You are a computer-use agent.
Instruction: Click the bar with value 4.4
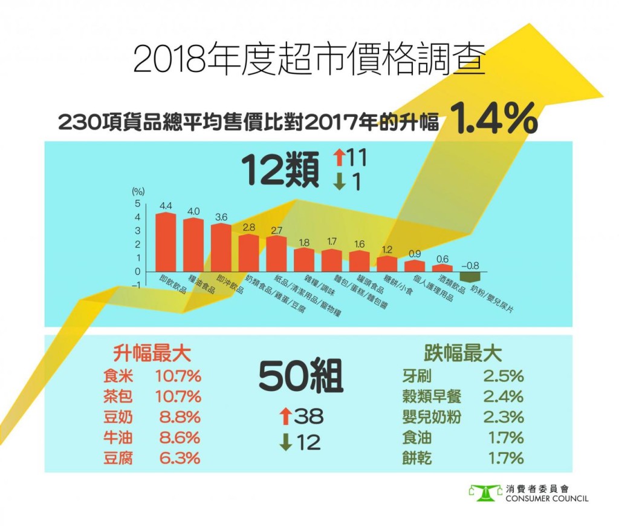pos(166,242)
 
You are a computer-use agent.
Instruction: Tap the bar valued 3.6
pos(221,248)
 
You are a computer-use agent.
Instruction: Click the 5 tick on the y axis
pos(137,203)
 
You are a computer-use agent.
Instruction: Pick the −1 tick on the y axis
pos(136,285)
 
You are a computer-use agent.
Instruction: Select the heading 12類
pos(280,171)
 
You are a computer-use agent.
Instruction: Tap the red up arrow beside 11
pos(339,159)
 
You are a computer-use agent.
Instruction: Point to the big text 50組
pos(301,378)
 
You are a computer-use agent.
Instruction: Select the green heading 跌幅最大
pos(463,352)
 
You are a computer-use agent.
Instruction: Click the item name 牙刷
pos(416,376)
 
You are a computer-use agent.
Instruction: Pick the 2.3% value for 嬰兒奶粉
pos(503,417)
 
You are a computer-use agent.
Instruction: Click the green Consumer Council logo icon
pos(485,492)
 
